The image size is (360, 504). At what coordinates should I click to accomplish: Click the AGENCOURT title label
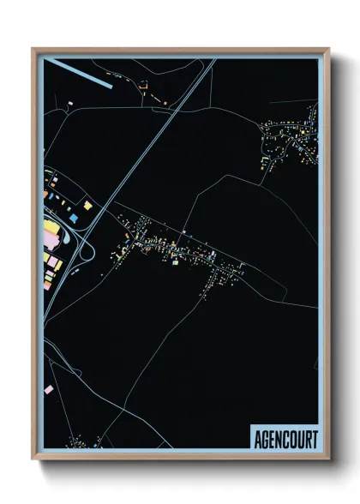[285, 440]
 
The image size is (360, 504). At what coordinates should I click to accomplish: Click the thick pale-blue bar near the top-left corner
[78, 73]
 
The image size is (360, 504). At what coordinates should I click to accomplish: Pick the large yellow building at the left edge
[51, 231]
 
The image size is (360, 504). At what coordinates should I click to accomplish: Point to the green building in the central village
[175, 262]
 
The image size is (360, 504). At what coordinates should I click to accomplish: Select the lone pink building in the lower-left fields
[47, 390]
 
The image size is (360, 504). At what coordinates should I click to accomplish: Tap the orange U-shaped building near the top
[143, 85]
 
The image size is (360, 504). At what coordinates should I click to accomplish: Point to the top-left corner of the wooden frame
[33, 49]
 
